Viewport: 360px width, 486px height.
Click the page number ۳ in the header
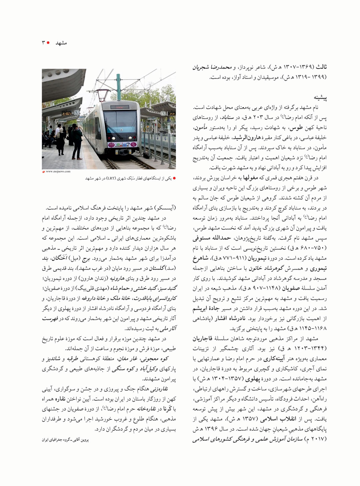[43, 43]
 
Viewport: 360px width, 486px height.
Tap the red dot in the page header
[48, 43]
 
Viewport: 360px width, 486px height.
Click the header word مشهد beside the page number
[61, 43]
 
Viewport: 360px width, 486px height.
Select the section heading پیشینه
[320, 97]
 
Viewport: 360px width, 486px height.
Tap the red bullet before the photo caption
[174, 178]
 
